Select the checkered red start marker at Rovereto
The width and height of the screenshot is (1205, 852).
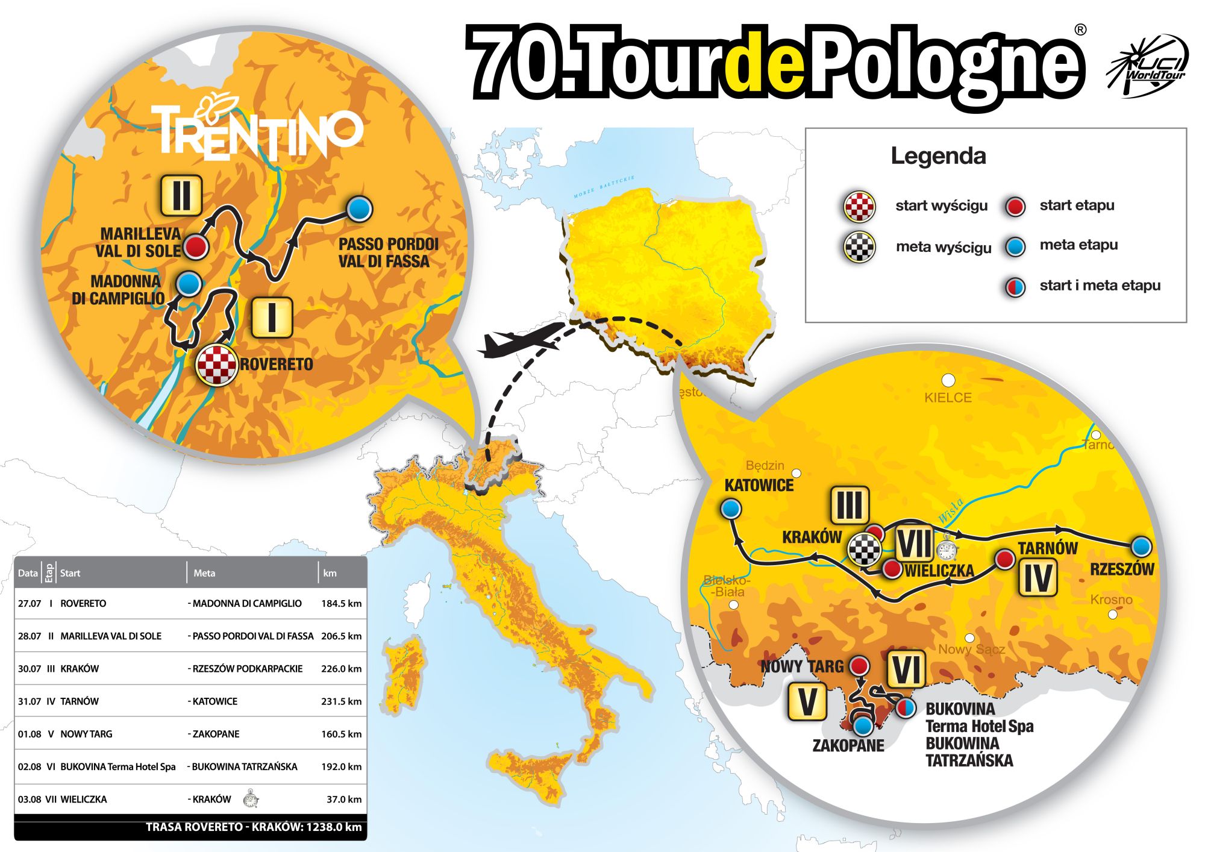click(216, 365)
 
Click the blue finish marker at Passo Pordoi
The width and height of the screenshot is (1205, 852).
click(360, 209)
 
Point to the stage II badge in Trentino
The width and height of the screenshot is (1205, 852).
click(181, 195)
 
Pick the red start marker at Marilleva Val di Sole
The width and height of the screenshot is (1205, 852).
click(195, 246)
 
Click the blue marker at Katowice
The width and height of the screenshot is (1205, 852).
click(731, 509)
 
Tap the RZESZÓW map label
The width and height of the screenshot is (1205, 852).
click(1122, 569)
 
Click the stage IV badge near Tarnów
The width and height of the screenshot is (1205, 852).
click(1038, 577)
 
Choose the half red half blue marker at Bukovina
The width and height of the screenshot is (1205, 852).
click(905, 707)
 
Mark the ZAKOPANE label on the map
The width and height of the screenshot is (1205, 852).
click(848, 746)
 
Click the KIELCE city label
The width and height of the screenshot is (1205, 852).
click(948, 398)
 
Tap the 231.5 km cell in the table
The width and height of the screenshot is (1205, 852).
click(341, 701)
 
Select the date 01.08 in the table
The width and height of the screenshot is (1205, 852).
click(29, 734)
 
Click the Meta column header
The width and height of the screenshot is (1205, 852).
click(204, 573)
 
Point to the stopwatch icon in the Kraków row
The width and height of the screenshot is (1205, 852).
click(251, 799)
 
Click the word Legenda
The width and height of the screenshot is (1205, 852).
click(938, 156)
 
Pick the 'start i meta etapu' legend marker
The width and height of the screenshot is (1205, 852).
click(1015, 286)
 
